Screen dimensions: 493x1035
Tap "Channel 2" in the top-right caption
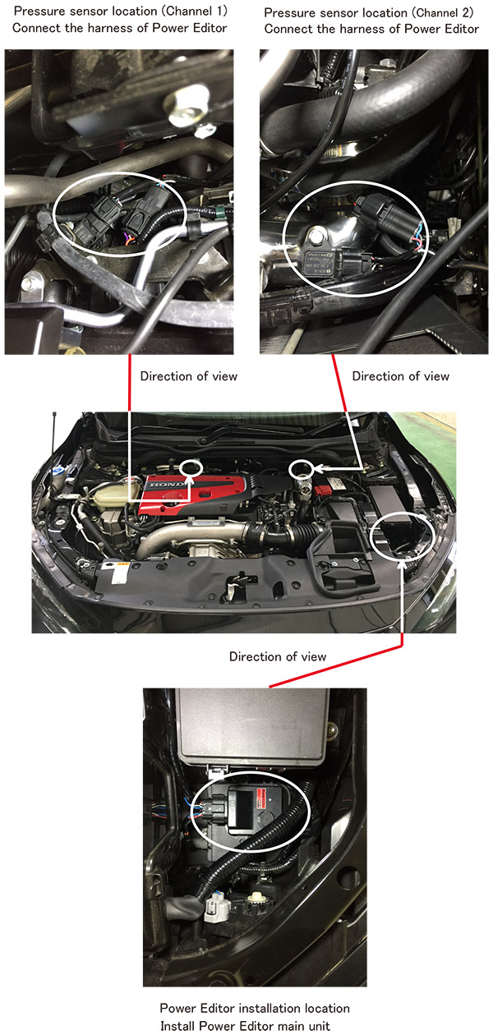443,12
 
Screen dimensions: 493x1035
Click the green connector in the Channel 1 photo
222,213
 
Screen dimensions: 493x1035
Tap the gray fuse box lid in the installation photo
251,724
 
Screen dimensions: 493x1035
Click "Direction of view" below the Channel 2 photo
401,376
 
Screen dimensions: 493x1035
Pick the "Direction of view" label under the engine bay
278,656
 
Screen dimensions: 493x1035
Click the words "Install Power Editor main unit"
245,1026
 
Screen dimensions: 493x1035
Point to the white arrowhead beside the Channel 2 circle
317,469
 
